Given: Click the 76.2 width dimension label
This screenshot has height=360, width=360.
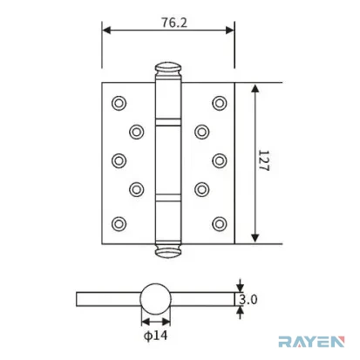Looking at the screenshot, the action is point(174,23).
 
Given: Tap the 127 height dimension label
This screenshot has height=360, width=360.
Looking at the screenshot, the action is point(264,160).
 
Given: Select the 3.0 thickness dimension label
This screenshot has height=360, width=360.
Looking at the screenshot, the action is point(248,299).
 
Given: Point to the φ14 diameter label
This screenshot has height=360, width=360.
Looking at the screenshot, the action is point(156,336).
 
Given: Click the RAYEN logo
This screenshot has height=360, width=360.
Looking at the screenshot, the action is point(311,342).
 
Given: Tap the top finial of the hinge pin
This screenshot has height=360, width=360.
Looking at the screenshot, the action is point(167,69).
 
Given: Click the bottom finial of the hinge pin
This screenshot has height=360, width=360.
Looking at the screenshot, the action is point(167,250).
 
